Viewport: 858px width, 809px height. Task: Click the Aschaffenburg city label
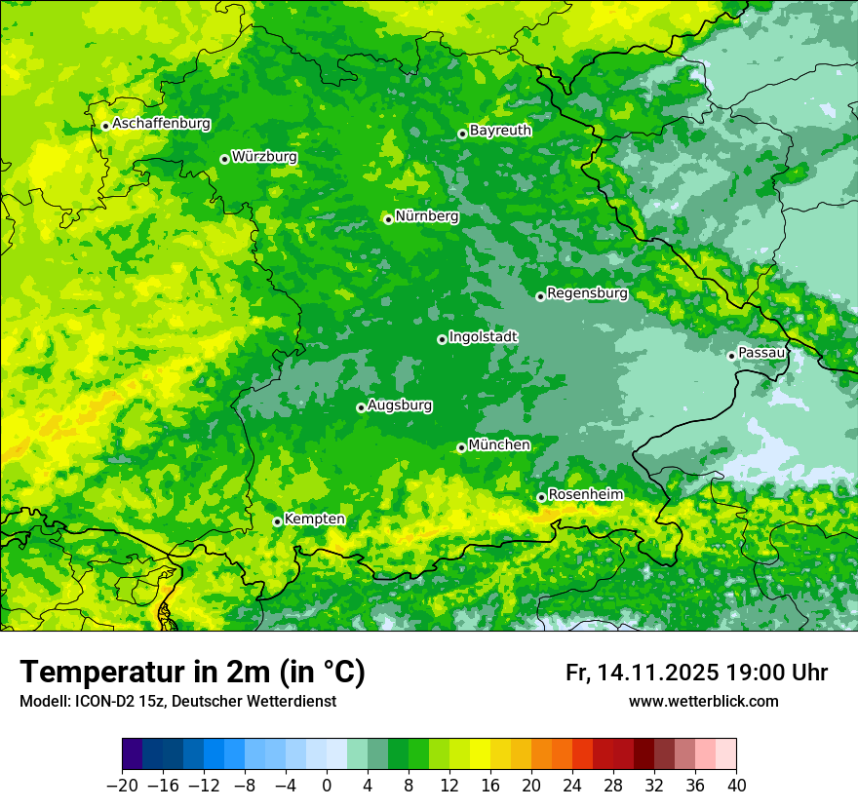(161, 124)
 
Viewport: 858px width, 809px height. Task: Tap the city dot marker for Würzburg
(224, 159)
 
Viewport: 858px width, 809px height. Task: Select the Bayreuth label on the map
(500, 130)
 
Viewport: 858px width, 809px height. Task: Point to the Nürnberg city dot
(388, 219)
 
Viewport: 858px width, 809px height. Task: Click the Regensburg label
(587, 292)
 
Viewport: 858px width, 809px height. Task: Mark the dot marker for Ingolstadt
(442, 339)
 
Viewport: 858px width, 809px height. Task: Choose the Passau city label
(761, 352)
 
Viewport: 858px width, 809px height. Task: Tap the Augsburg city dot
(361, 407)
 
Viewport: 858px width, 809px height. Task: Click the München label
(499, 444)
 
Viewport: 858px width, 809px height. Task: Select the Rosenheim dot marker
(541, 497)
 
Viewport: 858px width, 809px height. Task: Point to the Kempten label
(314, 520)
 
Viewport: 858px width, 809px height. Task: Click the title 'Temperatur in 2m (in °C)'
(192, 672)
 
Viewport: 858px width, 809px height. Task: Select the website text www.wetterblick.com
(703, 701)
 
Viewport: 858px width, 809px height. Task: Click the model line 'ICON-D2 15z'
(117, 701)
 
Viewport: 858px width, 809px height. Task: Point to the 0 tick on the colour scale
(327, 786)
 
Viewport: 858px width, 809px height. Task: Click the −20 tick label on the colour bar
(122, 786)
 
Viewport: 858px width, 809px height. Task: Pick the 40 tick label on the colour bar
(736, 786)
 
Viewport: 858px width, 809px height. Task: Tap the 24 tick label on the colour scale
(572, 786)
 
